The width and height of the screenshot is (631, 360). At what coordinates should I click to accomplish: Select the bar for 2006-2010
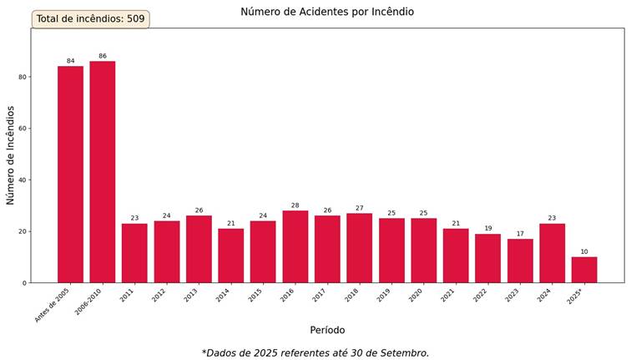tap(102, 171)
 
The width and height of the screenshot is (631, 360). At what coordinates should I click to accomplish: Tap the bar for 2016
tap(295, 246)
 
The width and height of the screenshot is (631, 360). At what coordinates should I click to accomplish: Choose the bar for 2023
tap(520, 261)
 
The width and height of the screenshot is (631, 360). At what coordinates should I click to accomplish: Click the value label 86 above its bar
tap(102, 56)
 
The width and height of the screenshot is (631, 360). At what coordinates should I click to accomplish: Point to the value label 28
tap(295, 205)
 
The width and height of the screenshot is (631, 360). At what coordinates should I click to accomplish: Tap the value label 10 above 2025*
tap(584, 251)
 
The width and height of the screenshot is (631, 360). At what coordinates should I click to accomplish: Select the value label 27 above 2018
tap(359, 208)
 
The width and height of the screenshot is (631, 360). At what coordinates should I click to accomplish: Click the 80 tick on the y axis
tap(23, 77)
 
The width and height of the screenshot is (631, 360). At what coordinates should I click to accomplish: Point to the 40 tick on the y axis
tap(23, 180)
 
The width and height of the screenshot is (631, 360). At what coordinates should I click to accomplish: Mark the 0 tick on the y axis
tap(24, 283)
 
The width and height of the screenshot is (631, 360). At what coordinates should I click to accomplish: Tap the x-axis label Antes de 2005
tap(52, 307)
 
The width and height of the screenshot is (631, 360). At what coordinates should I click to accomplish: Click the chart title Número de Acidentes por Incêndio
tap(327, 12)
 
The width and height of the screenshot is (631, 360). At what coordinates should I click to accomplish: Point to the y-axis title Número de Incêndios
tap(11, 155)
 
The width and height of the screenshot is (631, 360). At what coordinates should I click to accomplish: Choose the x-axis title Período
tap(327, 330)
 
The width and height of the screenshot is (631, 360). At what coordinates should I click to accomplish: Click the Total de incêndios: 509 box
tap(90, 18)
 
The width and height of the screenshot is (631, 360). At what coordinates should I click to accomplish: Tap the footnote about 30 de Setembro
tap(315, 352)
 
